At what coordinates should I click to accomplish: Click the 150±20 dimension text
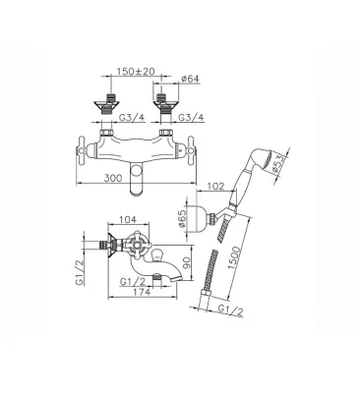pos(136,72)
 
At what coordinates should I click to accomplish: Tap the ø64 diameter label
pos(190,79)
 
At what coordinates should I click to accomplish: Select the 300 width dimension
pos(113,178)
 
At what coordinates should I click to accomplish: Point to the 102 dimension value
pos(215,187)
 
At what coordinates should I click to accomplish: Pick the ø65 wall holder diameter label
pos(182,218)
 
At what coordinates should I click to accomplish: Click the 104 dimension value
pos(128,219)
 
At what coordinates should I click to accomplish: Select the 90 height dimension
pos(187,262)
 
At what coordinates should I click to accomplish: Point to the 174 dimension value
pos(142,292)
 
